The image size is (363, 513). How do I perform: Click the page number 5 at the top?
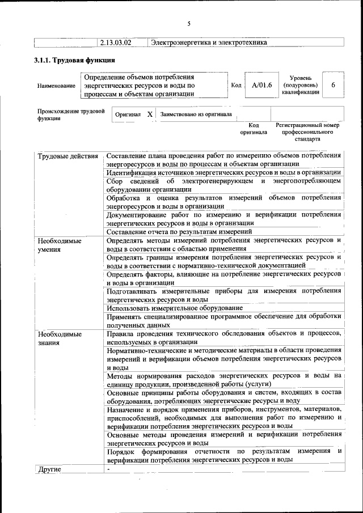tap(189, 23)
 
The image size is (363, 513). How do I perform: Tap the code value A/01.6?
tap(262, 86)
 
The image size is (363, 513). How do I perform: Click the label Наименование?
tap(56, 86)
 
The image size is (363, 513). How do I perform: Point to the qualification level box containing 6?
tap(334, 85)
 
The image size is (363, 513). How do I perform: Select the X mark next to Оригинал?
tap(150, 114)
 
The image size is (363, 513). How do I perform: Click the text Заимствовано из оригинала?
tap(196, 114)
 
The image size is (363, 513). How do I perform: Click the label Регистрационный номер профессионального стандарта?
tap(307, 132)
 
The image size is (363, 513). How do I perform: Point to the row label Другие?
tap(49, 469)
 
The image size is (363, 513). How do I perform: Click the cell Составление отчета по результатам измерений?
tap(179, 231)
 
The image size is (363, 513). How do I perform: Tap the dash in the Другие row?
tap(108, 469)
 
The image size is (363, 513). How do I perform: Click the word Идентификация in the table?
tap(133, 172)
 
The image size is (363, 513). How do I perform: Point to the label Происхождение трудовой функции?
tap(71, 115)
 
